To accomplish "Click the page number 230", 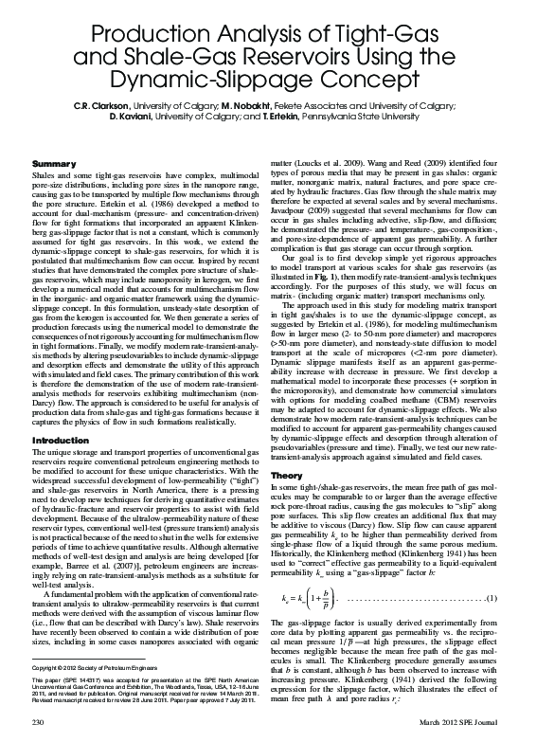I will point(39,723).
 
